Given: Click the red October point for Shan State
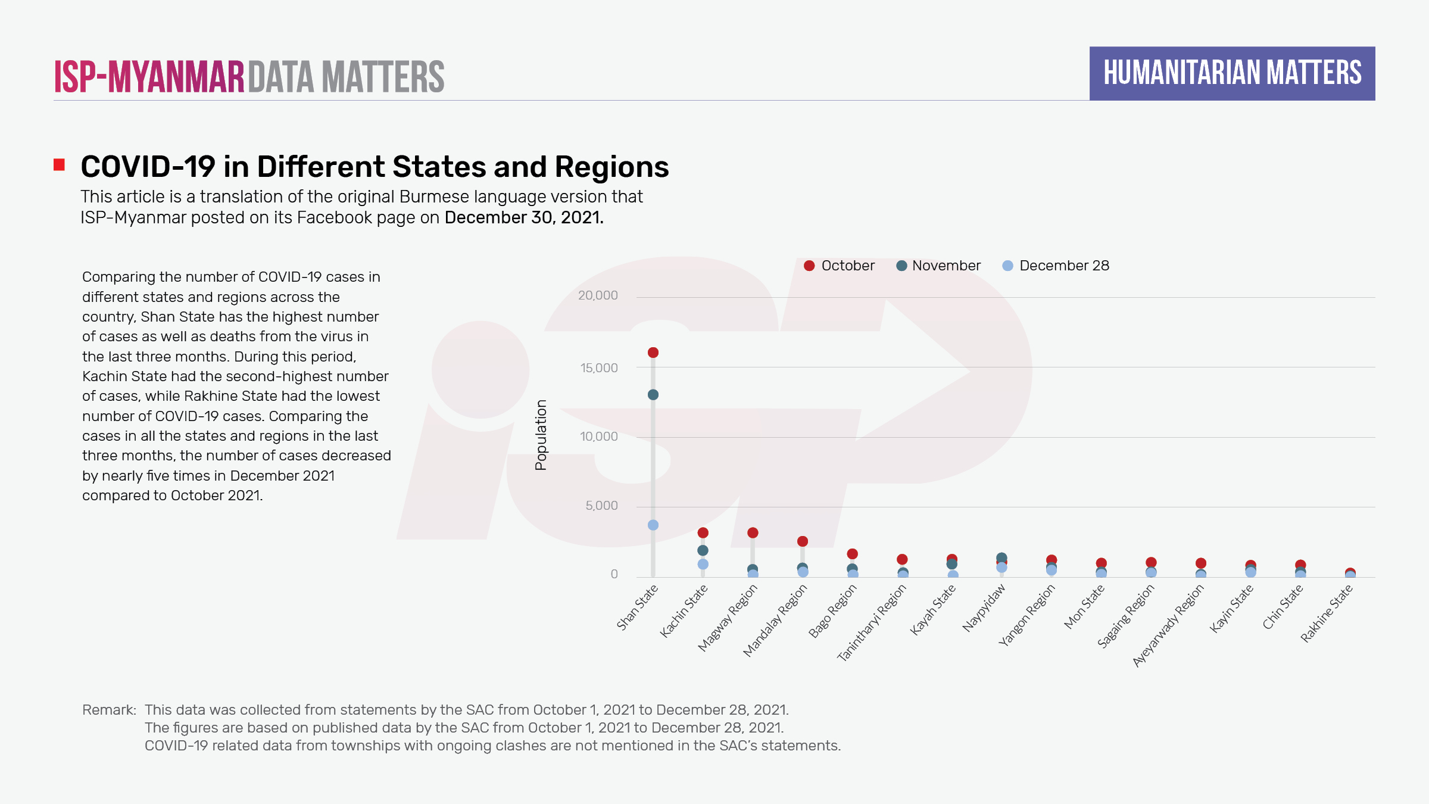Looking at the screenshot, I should tap(653, 353).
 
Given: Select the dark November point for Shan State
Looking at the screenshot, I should tap(653, 395).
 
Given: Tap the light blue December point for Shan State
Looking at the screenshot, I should tap(653, 525).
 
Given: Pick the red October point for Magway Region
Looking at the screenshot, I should tap(753, 532).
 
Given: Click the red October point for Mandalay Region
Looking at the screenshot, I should tap(803, 541).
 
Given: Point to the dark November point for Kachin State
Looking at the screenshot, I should tap(703, 550).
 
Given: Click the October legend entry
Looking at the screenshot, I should tap(839, 266).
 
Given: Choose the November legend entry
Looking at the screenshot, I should tap(938, 266).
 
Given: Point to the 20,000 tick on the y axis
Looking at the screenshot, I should tap(598, 295).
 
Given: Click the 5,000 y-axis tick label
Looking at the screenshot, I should tap(601, 506).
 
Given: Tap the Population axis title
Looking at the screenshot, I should tap(541, 435).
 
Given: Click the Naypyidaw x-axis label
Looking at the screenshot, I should tap(984, 607).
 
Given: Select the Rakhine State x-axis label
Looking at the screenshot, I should tap(1327, 613).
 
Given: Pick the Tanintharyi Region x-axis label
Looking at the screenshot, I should tap(872, 622).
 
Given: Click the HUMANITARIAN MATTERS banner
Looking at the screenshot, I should tap(1232, 73).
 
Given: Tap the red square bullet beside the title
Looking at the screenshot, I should tap(59, 165).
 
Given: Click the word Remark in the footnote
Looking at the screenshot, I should tap(109, 710).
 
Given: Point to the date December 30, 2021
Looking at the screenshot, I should tap(524, 217).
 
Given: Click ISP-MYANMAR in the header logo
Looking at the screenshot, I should tap(149, 77).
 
